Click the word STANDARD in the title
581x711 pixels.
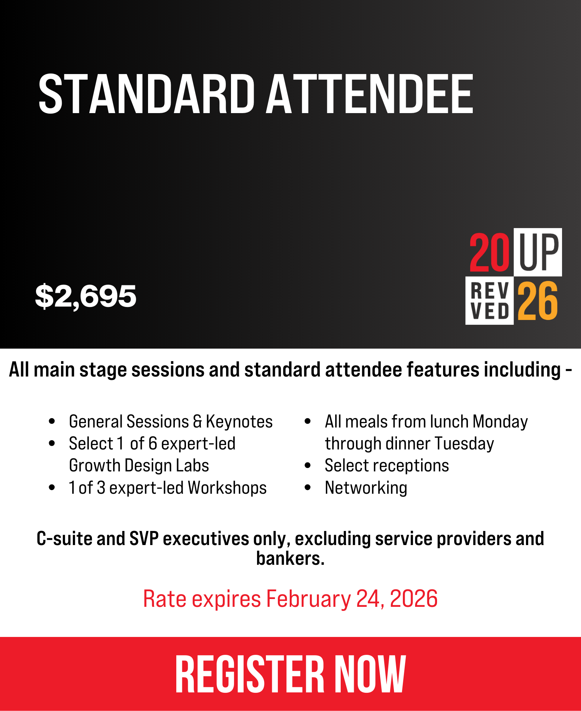point(146,93)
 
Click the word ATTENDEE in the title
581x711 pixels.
point(369,93)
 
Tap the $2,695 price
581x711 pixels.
point(86,296)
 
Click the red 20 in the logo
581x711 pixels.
point(489,252)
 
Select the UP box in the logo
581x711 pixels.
point(538,252)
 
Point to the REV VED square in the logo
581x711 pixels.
point(489,301)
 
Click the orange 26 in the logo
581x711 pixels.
point(538,301)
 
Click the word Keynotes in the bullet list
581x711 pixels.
point(239,422)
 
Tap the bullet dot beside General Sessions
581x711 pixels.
point(52,422)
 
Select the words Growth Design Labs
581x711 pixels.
point(139,465)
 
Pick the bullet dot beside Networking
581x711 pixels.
point(308,487)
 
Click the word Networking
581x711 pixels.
point(366,488)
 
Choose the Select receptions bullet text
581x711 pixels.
point(387,465)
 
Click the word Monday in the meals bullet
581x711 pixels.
point(500,422)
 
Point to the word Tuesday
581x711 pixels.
point(464,443)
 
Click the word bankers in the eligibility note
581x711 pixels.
point(289,558)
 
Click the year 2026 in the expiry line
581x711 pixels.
point(414,599)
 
